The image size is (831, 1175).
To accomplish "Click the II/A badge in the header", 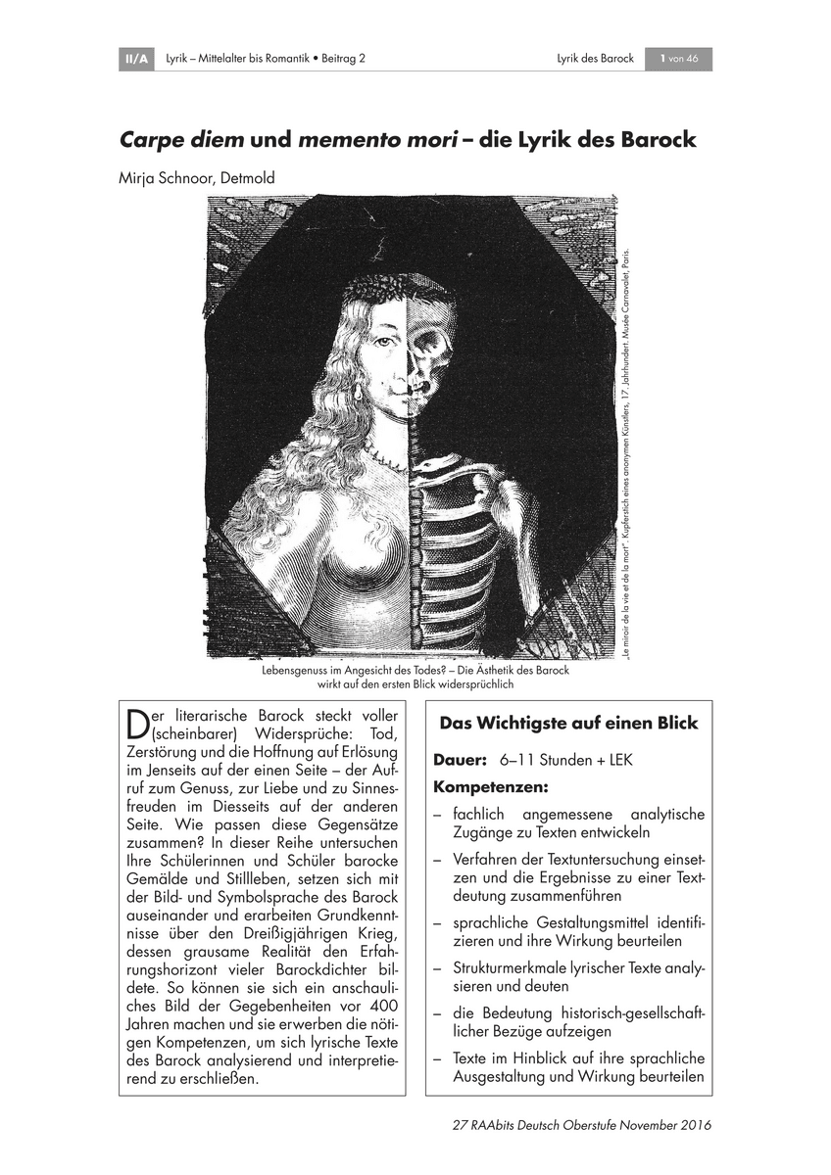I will point(133,60).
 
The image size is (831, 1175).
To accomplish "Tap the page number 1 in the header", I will point(663,60).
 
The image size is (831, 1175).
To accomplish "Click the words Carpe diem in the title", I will point(181,139).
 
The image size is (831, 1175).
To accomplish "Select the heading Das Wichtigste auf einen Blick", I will point(568,724).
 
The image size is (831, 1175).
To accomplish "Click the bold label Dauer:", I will point(461,760).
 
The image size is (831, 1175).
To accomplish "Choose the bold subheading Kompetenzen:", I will point(490,786).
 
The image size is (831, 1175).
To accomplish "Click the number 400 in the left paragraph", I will point(381,1009).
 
